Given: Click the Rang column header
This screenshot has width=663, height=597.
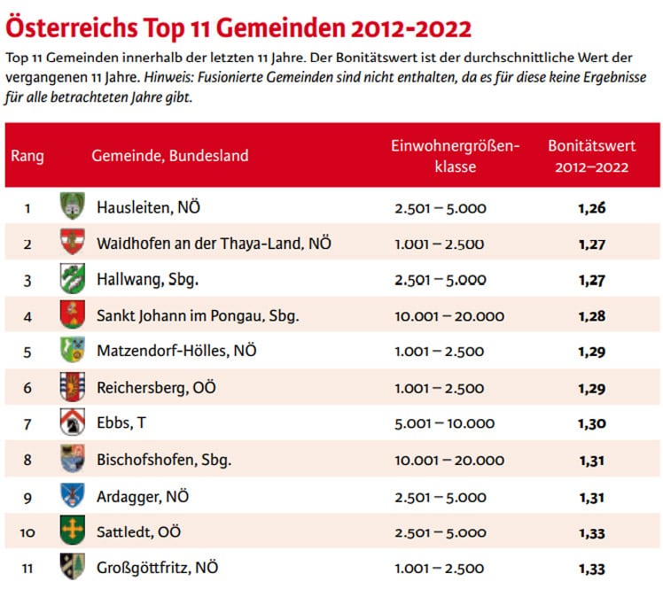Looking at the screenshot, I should pos(27,156).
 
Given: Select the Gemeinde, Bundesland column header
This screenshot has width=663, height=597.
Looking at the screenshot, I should pos(169,156).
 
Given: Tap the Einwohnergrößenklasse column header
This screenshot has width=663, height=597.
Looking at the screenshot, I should pos(456,155).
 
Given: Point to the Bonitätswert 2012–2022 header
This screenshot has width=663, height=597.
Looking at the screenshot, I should pos(589,155).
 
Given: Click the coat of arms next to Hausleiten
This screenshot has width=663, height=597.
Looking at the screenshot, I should pos(71,207).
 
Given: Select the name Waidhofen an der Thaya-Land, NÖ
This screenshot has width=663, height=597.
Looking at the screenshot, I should pos(214,243).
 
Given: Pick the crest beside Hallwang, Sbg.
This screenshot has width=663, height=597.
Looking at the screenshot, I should pos(71,279).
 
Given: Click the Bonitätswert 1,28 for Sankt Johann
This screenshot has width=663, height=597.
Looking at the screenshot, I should pos(591,315).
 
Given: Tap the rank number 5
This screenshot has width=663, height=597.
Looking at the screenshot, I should pos(27,352).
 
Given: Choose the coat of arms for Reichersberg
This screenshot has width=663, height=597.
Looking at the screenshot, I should pos(71,388).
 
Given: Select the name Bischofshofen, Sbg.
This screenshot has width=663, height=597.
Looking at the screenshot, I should pos(164,461).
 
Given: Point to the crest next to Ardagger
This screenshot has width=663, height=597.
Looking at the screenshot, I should pos(71,496).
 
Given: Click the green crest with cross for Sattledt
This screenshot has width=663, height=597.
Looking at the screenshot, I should pos(71,531).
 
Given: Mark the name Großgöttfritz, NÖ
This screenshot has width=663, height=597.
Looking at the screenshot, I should pos(157,568).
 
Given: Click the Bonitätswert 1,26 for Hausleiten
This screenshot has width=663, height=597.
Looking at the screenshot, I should pos(591,208).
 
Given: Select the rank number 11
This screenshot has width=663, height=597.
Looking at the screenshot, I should pos(27,568).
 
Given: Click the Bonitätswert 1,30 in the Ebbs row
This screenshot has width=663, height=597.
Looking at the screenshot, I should pos(591,424).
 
